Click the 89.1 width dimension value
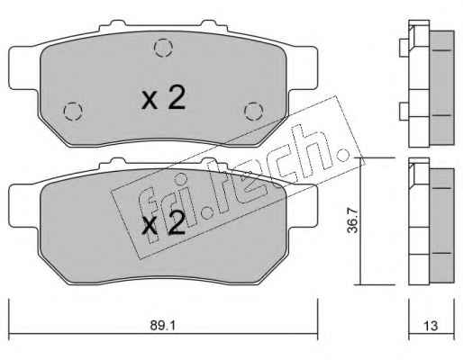[162, 326]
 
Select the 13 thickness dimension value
[431, 326]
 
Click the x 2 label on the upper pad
[164, 99]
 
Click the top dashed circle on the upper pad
[163, 48]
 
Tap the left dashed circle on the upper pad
[73, 111]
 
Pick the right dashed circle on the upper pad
[254, 111]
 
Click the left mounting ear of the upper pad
[24, 68]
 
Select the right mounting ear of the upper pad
[303, 68]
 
